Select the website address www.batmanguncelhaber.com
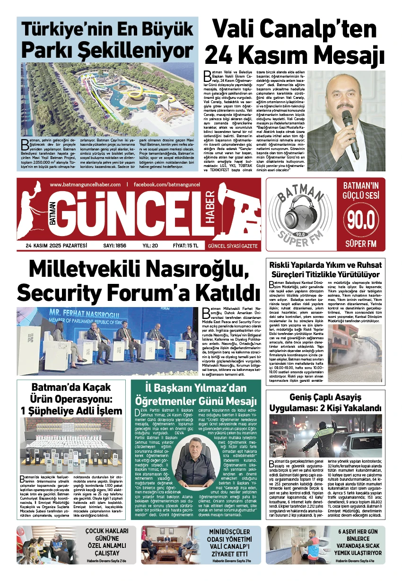pyautogui.click(x=85, y=185)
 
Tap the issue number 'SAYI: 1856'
pyautogui.click(x=115, y=246)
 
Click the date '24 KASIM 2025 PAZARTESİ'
pyautogui.click(x=57, y=246)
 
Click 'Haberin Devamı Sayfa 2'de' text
pyautogui.click(x=107, y=561)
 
